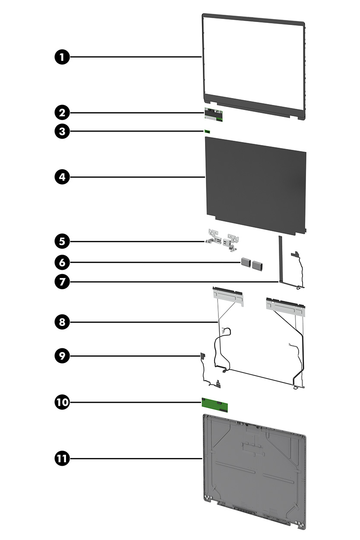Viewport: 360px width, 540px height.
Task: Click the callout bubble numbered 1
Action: (63, 57)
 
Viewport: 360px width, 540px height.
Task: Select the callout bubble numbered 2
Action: (63, 113)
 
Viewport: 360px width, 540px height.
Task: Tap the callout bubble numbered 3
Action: (63, 131)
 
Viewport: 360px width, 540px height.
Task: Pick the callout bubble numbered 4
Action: (63, 177)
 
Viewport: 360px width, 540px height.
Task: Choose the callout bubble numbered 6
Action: (63, 262)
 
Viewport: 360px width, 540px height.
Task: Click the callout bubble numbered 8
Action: (63, 322)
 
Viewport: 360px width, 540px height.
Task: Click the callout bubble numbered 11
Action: (63, 458)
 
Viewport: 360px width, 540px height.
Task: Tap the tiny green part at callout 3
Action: (207, 131)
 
